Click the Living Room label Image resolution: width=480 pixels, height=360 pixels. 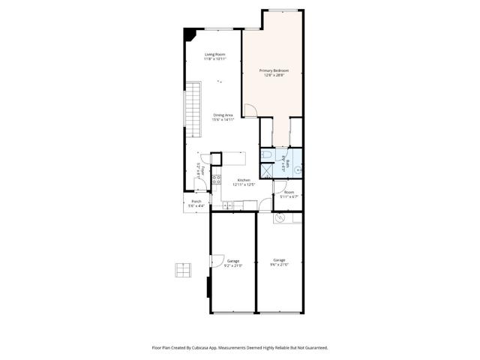215,54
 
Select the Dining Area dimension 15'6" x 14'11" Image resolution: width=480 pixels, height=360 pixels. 223,120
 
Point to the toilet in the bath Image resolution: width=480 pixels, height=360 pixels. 267,154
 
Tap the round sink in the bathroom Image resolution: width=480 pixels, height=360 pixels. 297,170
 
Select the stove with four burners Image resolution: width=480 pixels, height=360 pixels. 215,179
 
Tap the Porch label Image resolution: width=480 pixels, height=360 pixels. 196,202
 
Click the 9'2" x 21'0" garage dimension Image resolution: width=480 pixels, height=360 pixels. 233,265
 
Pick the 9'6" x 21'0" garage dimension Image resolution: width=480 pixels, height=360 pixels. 279,265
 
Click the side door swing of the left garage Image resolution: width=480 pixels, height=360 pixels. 214,262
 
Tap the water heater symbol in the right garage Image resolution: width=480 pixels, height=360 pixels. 279,218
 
